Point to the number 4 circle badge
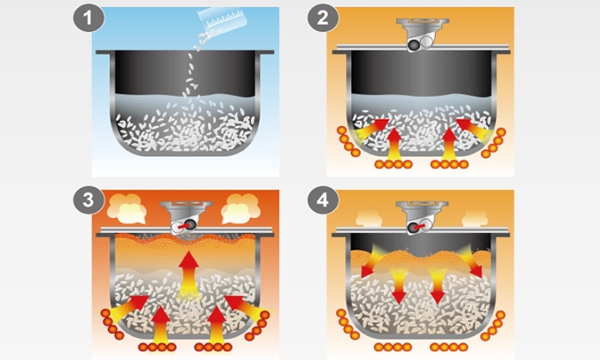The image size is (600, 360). coord(319,201)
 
